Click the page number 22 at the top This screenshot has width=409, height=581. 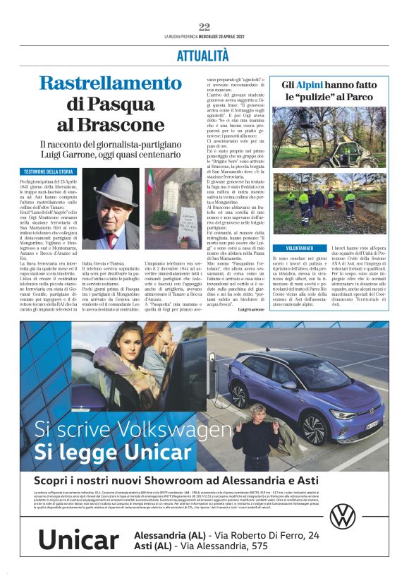click(x=204, y=27)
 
